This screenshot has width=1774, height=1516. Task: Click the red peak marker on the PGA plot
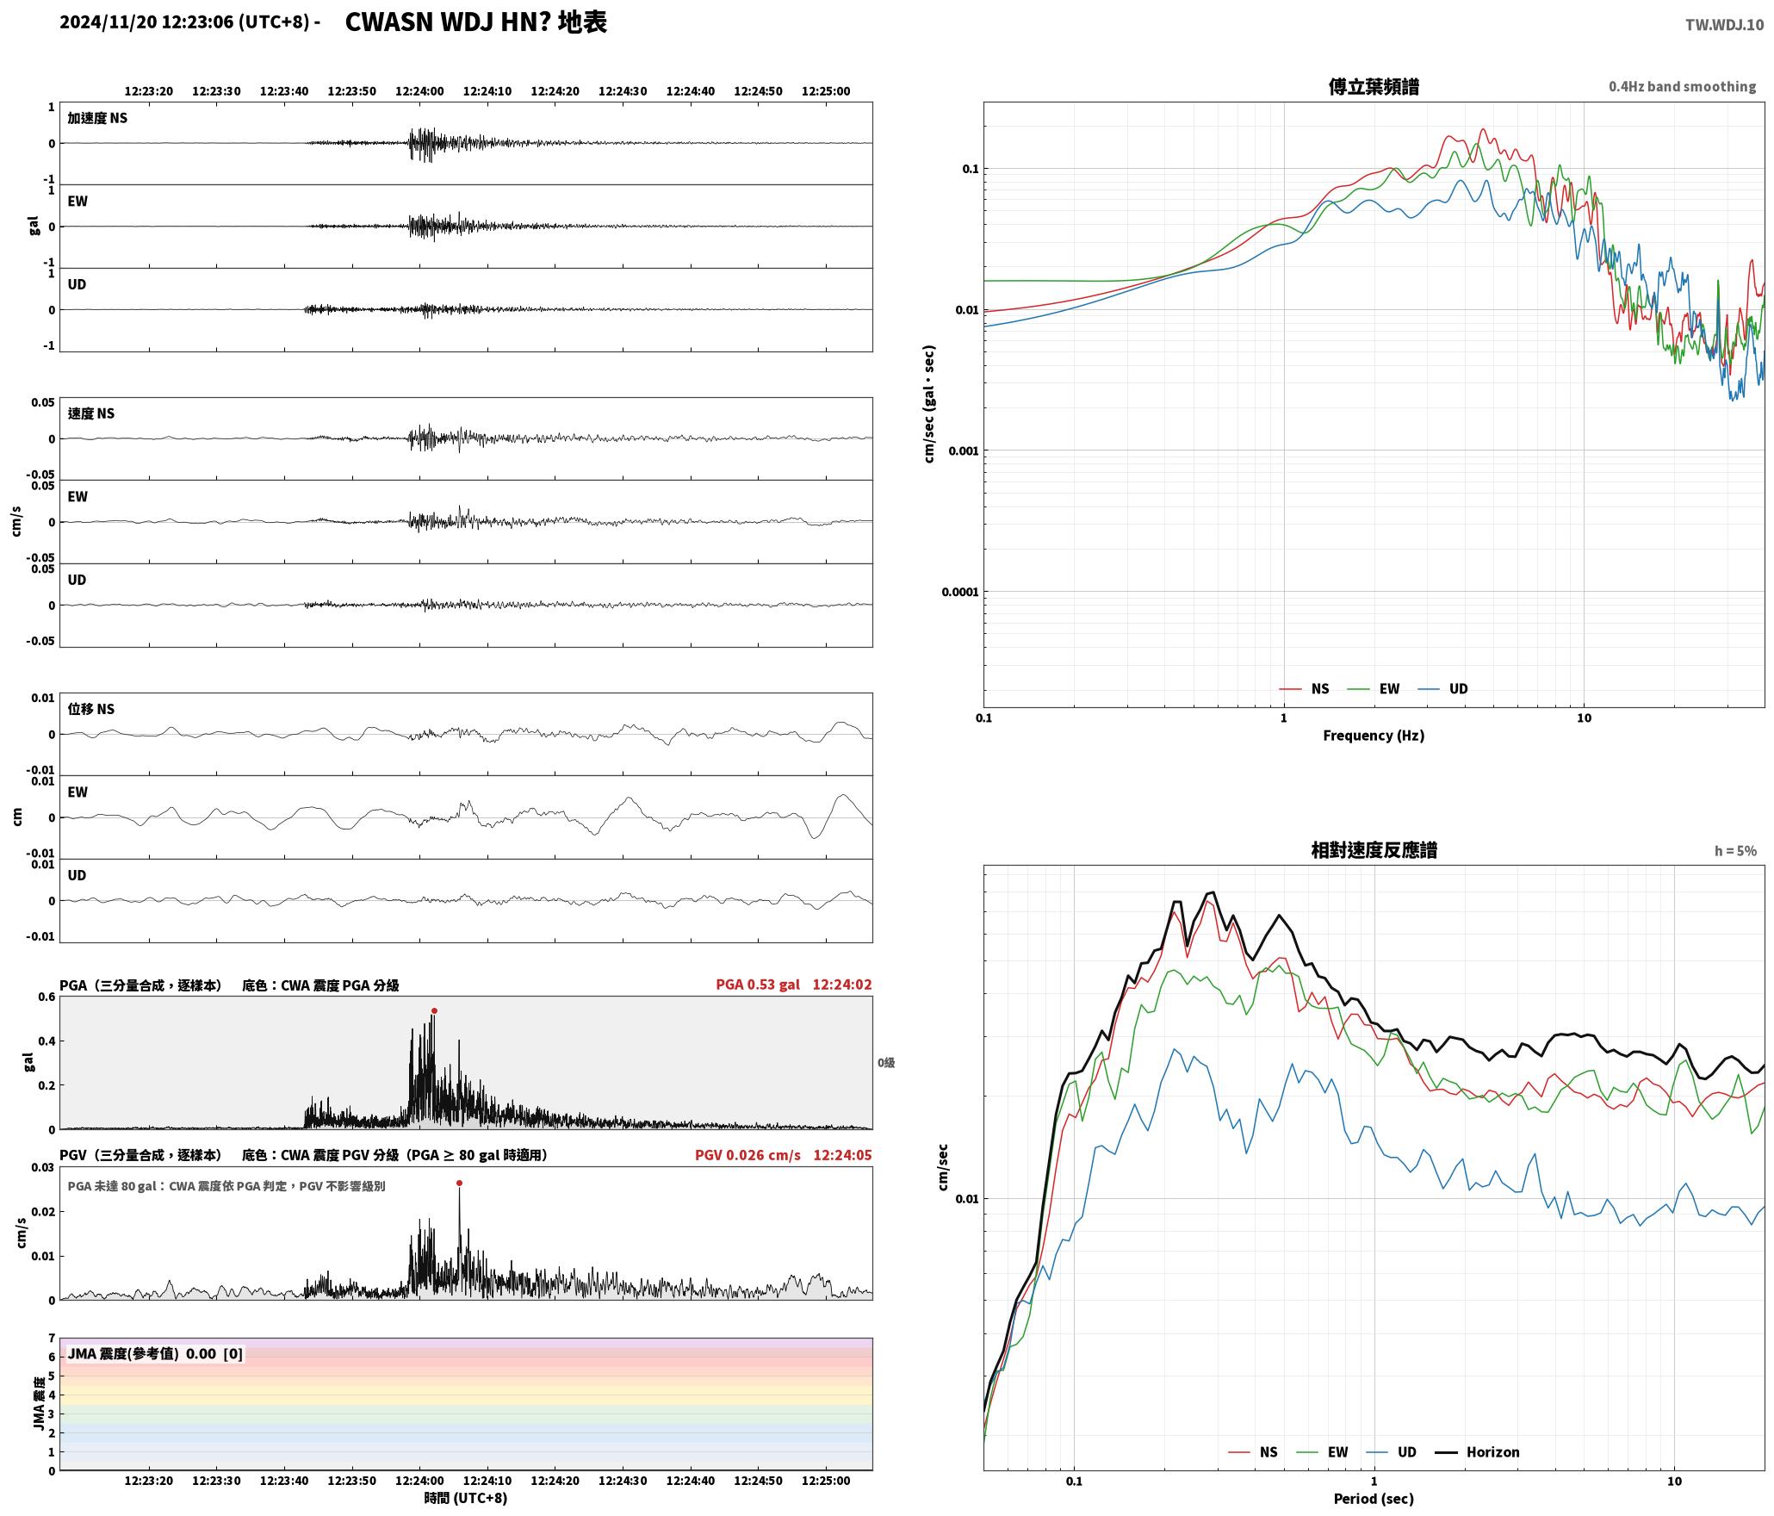(434, 1010)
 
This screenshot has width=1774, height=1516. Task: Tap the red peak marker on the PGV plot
(459, 1183)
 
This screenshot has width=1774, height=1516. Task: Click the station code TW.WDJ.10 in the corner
(1724, 25)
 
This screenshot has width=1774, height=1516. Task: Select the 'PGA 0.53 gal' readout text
(758, 984)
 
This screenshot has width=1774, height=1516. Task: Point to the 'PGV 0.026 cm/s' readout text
(747, 1154)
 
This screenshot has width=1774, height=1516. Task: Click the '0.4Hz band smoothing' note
(1682, 86)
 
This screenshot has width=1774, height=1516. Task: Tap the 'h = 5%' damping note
(1735, 850)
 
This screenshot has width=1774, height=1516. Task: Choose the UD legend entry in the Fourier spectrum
(1458, 688)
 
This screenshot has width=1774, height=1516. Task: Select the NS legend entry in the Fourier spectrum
(1320, 688)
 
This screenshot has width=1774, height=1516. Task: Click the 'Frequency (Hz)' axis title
(1374, 735)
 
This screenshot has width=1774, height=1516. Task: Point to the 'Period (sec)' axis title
(1374, 1498)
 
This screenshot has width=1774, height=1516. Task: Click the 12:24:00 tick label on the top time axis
(419, 91)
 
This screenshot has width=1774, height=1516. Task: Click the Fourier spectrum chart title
(1374, 86)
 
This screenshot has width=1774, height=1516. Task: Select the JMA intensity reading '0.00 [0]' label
(214, 1353)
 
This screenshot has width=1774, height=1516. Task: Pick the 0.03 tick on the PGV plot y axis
(43, 1167)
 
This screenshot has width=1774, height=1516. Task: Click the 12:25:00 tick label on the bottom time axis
(826, 1481)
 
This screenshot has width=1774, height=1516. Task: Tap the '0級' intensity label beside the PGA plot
(886, 1062)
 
